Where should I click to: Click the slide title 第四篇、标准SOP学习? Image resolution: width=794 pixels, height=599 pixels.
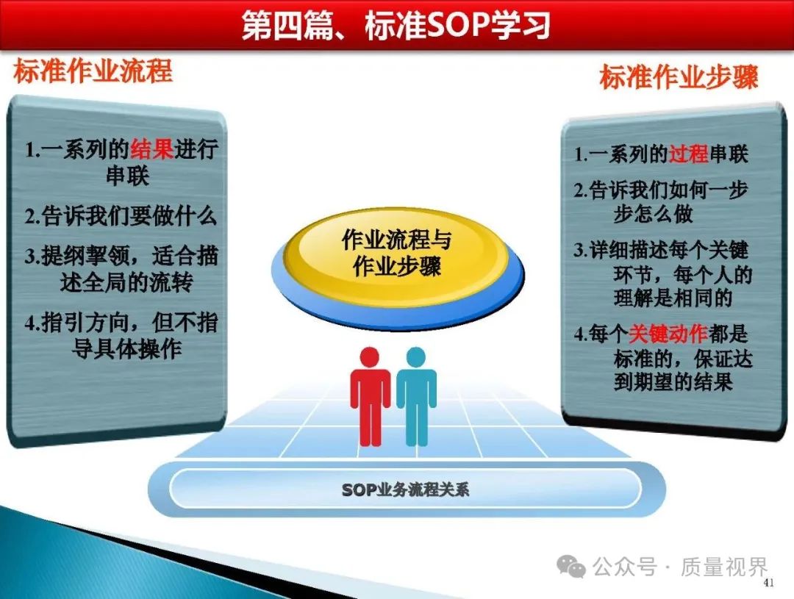(x=396, y=25)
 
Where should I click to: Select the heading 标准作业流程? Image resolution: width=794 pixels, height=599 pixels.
(x=93, y=71)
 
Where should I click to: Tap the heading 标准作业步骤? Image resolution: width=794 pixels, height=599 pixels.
(x=679, y=77)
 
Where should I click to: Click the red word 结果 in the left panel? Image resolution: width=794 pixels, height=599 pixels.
(x=152, y=149)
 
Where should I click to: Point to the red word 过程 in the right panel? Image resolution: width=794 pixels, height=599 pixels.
(x=688, y=154)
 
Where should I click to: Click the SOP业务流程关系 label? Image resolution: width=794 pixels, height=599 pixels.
(x=405, y=489)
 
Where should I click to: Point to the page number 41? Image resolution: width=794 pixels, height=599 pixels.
(x=769, y=583)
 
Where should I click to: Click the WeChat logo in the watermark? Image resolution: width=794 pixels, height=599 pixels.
(x=571, y=566)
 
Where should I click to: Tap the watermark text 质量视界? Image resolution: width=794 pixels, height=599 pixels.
(x=724, y=567)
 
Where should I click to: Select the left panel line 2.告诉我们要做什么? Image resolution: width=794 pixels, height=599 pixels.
(x=121, y=215)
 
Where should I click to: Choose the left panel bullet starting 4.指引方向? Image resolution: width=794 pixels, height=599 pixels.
(x=121, y=335)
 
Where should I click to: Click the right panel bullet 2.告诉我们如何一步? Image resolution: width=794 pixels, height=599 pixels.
(x=661, y=201)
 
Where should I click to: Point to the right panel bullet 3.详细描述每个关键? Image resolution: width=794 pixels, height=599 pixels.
(x=663, y=273)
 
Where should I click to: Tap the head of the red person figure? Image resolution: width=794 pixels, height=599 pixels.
(x=370, y=356)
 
